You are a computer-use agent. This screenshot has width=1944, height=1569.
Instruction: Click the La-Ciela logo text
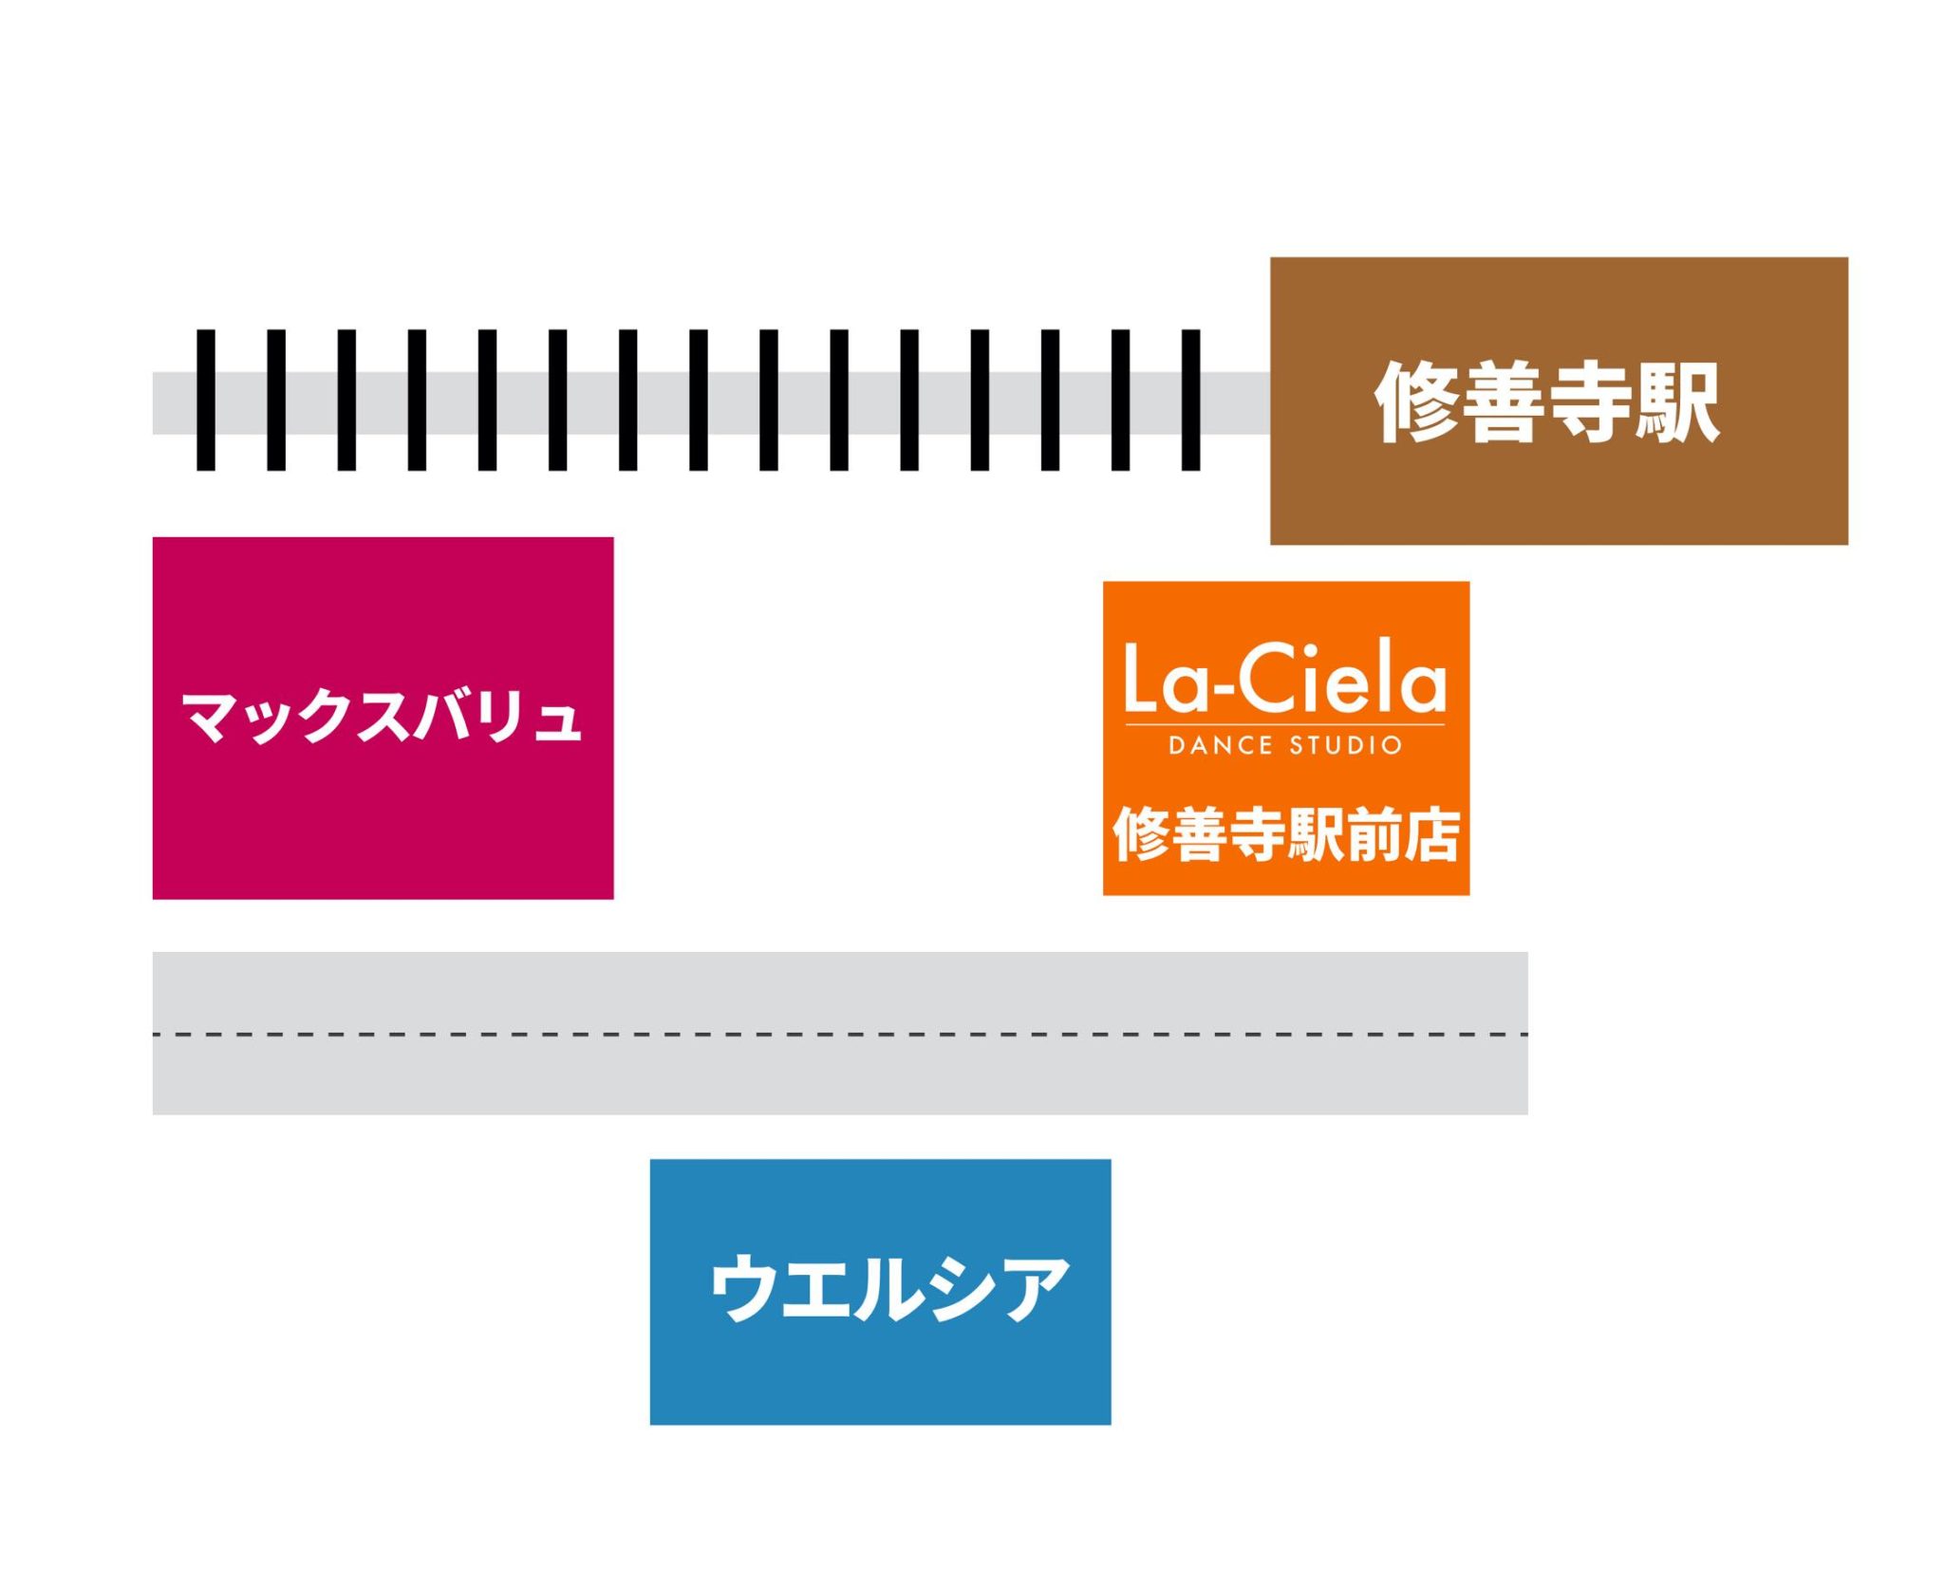1284,677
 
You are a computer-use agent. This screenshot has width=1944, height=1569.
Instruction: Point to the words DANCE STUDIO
1284,745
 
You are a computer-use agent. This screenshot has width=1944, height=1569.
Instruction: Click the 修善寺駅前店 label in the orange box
1285,834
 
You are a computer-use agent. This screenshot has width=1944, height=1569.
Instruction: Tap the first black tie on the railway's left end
205,400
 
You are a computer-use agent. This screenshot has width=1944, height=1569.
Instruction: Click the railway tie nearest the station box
1190,400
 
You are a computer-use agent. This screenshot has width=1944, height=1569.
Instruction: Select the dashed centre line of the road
839,1034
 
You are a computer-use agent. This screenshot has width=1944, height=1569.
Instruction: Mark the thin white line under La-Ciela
1284,725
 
